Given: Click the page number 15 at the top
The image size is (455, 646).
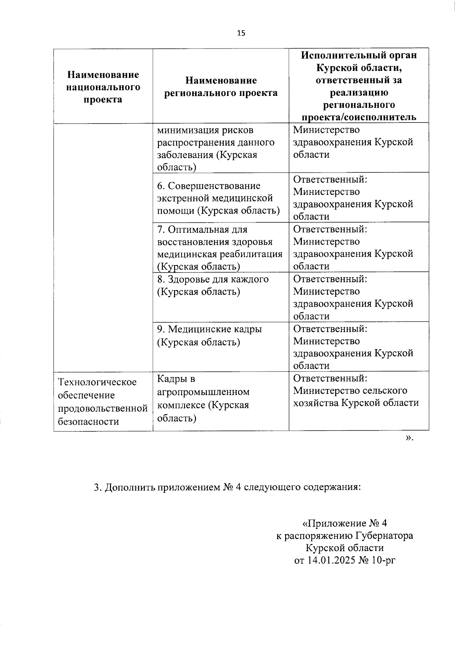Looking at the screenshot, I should [241, 33].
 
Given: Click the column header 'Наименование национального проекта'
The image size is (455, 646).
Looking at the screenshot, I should [103, 87].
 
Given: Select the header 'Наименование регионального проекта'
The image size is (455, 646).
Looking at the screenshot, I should [221, 86].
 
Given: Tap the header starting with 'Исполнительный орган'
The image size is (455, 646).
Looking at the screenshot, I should [359, 86].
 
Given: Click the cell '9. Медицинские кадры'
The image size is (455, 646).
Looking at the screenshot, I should [209, 335].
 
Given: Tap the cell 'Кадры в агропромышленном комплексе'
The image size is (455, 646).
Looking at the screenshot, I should [203, 398].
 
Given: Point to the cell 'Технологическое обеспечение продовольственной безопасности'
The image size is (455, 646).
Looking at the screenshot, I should [102, 401].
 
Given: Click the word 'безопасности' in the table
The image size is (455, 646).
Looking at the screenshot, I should [88, 422].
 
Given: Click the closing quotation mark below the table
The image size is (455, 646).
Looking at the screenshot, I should [409, 438].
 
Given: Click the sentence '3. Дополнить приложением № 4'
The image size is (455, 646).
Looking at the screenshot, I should [227, 486].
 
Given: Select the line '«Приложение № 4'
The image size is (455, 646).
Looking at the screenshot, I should [344, 524].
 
